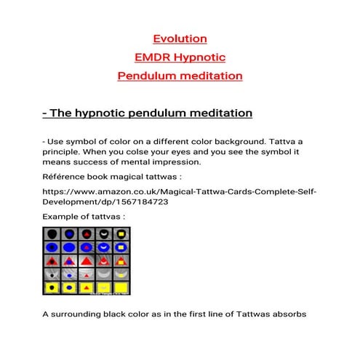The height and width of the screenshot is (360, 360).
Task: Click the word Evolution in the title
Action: click(180, 39)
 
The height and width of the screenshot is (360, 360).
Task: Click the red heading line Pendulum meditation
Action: click(180, 75)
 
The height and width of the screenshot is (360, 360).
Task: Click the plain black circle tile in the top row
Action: click(52, 233)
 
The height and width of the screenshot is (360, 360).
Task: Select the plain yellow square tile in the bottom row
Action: click(120, 288)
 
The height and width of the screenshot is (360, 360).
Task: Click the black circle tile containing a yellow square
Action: click(120, 233)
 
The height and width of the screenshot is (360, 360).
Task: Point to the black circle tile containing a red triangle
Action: click(86, 233)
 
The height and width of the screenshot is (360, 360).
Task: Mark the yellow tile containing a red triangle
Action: click(86, 288)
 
